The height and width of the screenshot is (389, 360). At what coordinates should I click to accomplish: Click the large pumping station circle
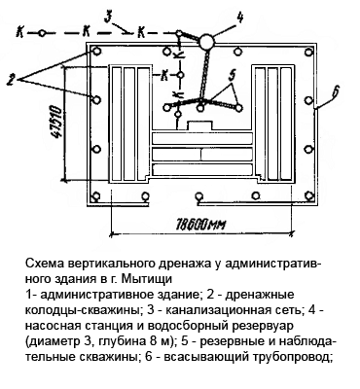pos(206,41)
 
